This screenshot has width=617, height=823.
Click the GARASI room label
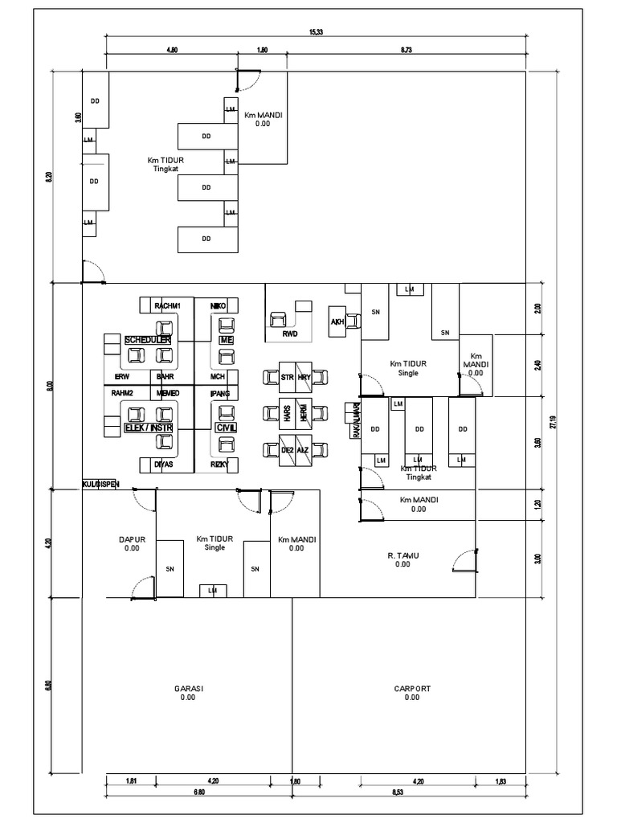(188, 689)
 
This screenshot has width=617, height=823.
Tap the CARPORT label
(412, 689)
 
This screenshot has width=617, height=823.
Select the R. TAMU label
(402, 555)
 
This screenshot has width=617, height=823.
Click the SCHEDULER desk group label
(148, 341)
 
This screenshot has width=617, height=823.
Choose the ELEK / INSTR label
(148, 428)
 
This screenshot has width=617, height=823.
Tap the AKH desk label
(337, 322)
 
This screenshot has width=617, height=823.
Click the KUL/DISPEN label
(100, 484)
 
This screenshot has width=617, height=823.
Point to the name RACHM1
(168, 306)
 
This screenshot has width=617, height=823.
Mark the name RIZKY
(219, 464)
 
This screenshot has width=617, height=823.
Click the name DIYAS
(164, 464)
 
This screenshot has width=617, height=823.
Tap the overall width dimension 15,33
(316, 32)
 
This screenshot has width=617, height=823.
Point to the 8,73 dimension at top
(407, 50)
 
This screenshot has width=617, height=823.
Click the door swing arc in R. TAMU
(463, 560)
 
